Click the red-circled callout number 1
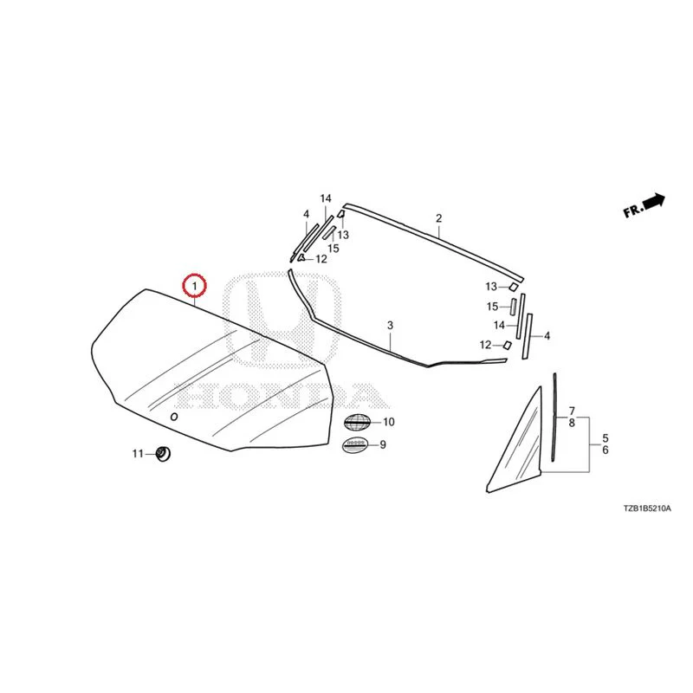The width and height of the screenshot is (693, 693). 194,286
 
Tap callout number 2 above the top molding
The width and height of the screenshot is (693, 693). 439,218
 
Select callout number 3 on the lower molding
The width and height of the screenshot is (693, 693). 390,326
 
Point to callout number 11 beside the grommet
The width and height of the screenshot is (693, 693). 138,453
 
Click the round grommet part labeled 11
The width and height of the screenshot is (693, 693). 164,453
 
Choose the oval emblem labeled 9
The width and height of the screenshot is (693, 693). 355,444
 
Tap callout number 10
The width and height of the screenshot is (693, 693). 388,422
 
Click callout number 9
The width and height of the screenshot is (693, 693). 383,444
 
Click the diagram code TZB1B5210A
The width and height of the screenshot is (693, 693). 647,508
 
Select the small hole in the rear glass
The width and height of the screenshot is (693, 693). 174,417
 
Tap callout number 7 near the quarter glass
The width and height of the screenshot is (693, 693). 572,411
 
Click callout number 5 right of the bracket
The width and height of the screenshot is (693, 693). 606,438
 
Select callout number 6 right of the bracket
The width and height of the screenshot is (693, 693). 606,450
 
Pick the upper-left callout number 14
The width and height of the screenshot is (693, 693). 326,198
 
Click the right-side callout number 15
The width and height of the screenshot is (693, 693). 492,307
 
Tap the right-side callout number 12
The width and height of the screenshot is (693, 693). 485,345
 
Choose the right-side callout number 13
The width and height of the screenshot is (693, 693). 491,287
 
